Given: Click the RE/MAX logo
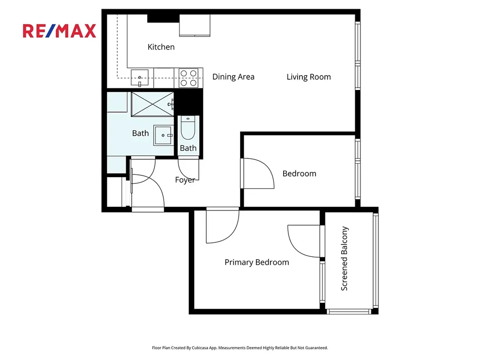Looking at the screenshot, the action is coord(60,31).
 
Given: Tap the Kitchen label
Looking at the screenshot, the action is coord(161,47).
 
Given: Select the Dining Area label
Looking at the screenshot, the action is coord(233,77).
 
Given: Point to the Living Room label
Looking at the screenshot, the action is coord(308,77).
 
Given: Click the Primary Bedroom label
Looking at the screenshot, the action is coord(257,262).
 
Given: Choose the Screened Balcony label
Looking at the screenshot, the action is coord(345,258).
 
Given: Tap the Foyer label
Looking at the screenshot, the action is coord(185,180).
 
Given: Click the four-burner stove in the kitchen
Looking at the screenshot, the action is coord(188,78).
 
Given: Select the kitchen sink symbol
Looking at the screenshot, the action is coord(140,78).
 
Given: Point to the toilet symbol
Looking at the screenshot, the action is coord(188,128).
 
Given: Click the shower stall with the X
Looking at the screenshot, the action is coord(152,104).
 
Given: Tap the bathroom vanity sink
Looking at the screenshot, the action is coord(164,135).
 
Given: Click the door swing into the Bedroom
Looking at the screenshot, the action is coord(257,173).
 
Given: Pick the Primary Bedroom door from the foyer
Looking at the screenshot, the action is coord(222,225).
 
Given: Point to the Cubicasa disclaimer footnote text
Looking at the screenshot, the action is coord(240,348).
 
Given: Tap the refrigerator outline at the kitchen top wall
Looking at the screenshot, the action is coord(195,25).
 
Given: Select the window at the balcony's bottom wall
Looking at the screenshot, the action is coord(349,312).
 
